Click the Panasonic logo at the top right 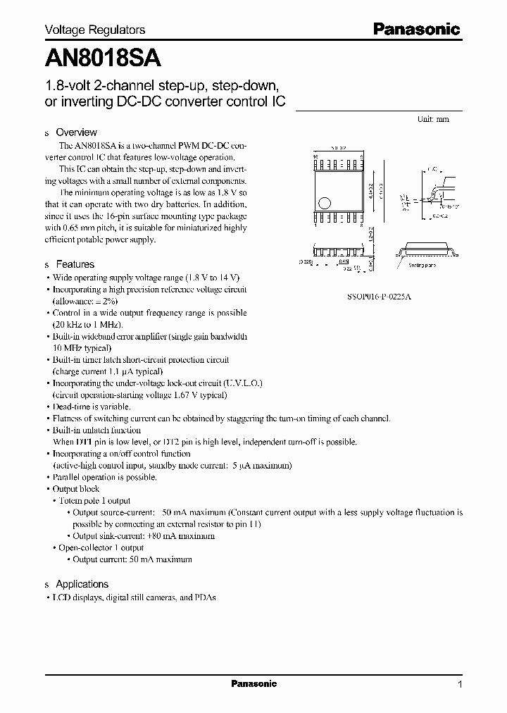point(416,29)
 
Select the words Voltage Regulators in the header point(95,30)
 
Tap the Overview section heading point(76,132)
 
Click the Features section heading point(75,264)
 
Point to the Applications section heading point(82,584)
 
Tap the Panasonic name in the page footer point(254,684)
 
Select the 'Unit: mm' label point(432,119)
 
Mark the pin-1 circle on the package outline point(323,204)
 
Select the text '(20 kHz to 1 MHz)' point(88,325)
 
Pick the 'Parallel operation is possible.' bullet point(105,477)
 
